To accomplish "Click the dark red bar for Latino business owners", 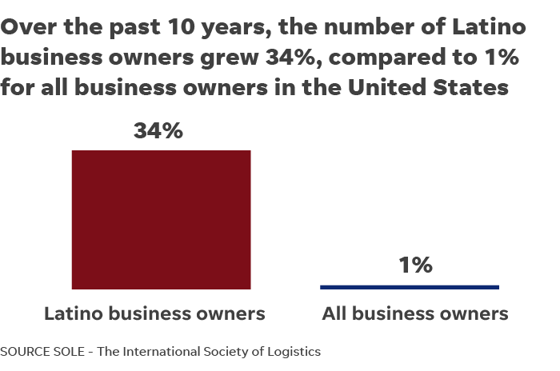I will click(161, 219).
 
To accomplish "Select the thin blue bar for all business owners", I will click(409, 286).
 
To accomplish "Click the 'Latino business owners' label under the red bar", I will click(154, 313).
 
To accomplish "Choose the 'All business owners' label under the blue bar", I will click(414, 313).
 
